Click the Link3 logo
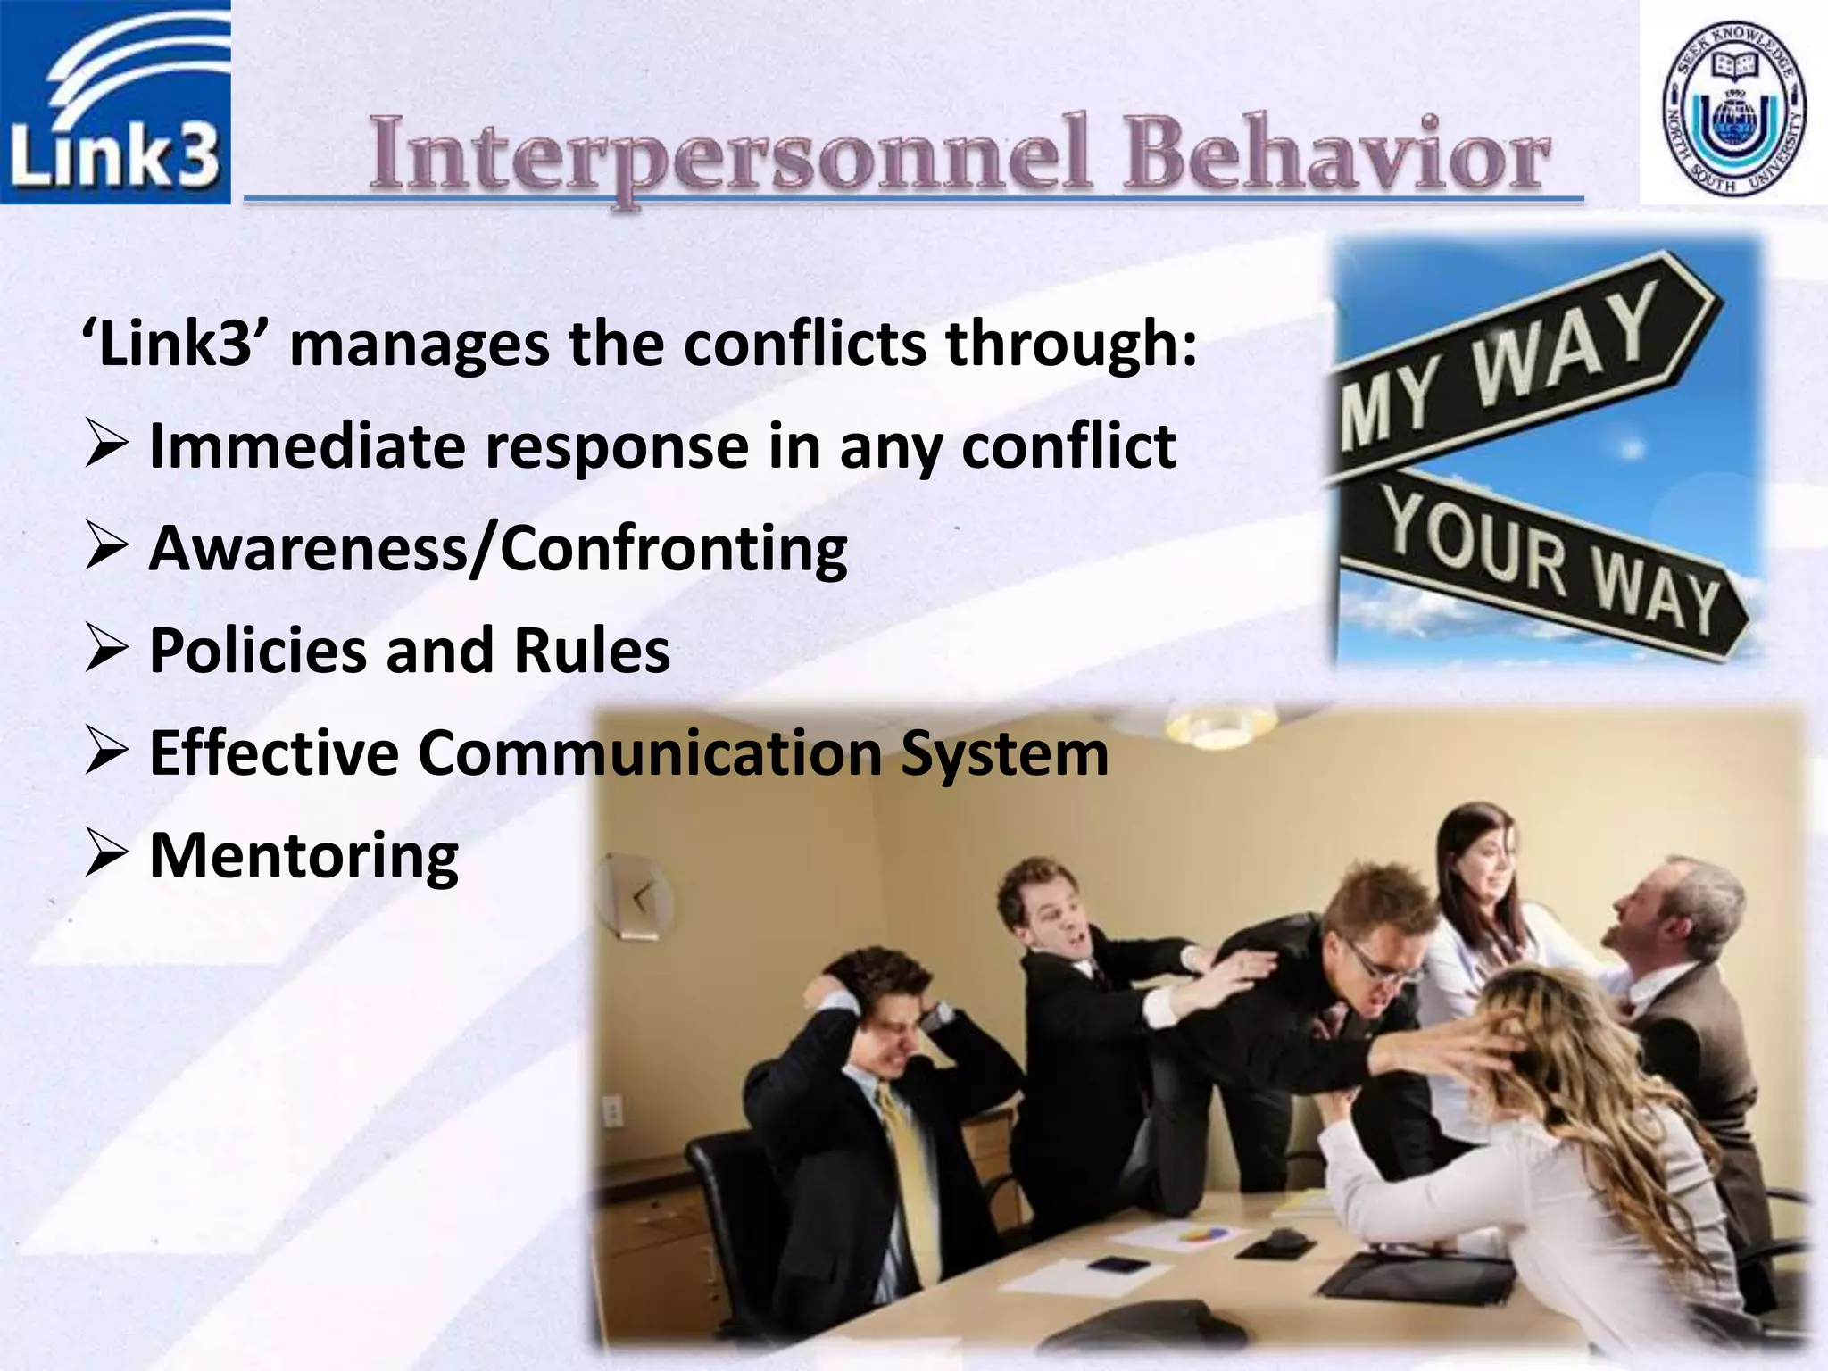[x=115, y=102]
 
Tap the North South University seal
[x=1734, y=104]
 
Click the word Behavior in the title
[x=1336, y=157]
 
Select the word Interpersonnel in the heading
[x=730, y=157]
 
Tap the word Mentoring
[x=303, y=855]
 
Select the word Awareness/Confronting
[x=497, y=548]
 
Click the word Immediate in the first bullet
[x=306, y=445]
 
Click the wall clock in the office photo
[x=636, y=895]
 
